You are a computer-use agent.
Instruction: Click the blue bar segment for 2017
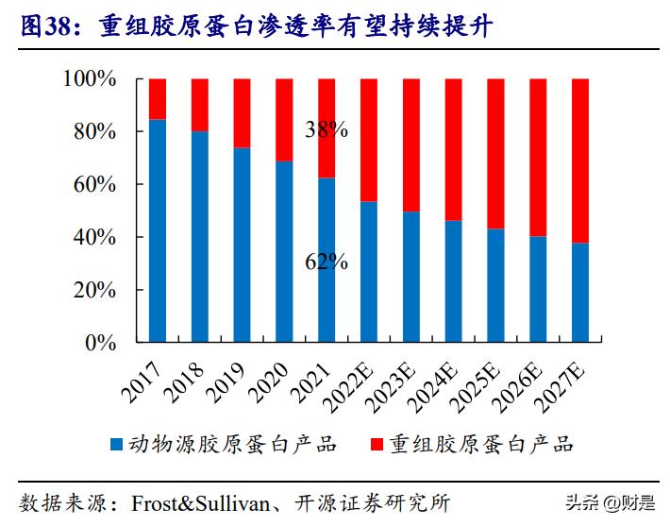tap(158, 230)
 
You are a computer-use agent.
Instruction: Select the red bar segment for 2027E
tap(581, 161)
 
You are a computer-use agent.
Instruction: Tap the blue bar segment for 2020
tap(284, 251)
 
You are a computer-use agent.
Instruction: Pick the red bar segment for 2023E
tap(411, 144)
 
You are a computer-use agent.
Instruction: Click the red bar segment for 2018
tap(200, 105)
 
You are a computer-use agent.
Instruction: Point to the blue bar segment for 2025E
tap(496, 285)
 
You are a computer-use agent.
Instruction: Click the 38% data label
tap(327, 130)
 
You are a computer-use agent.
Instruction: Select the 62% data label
tap(327, 262)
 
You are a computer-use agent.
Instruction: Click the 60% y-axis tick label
tap(95, 185)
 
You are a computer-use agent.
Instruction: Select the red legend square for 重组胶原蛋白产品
tap(376, 444)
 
